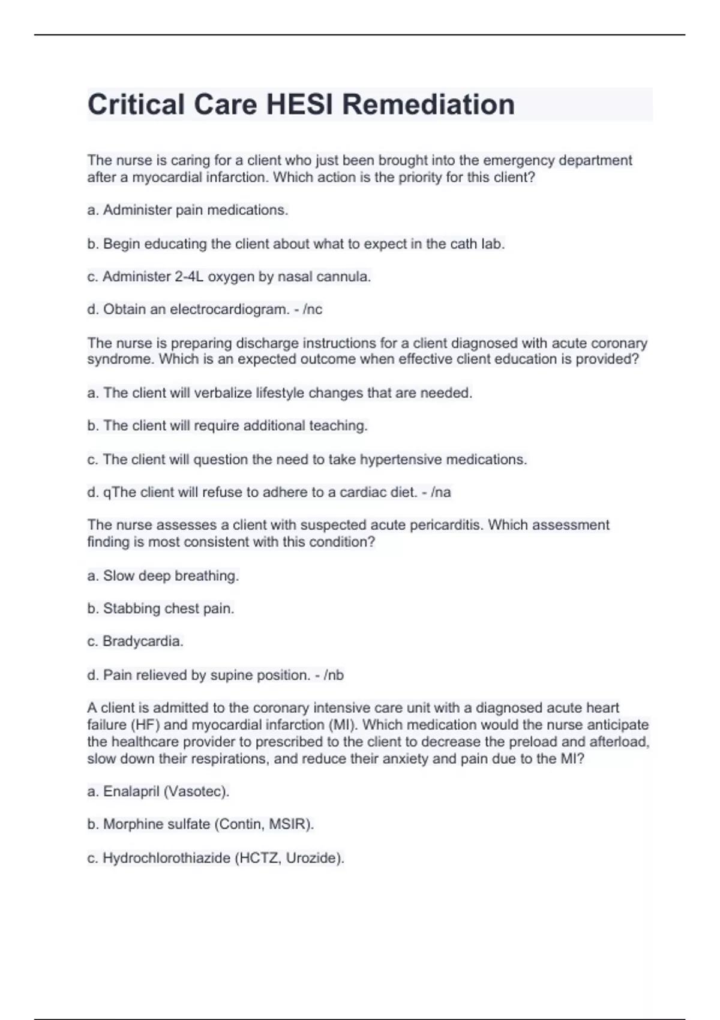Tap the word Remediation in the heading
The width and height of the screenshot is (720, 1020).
point(428,104)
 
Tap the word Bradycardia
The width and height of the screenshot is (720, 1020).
point(143,641)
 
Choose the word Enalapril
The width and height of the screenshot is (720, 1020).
point(131,792)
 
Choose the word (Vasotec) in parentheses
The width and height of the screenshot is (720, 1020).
point(197,792)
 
